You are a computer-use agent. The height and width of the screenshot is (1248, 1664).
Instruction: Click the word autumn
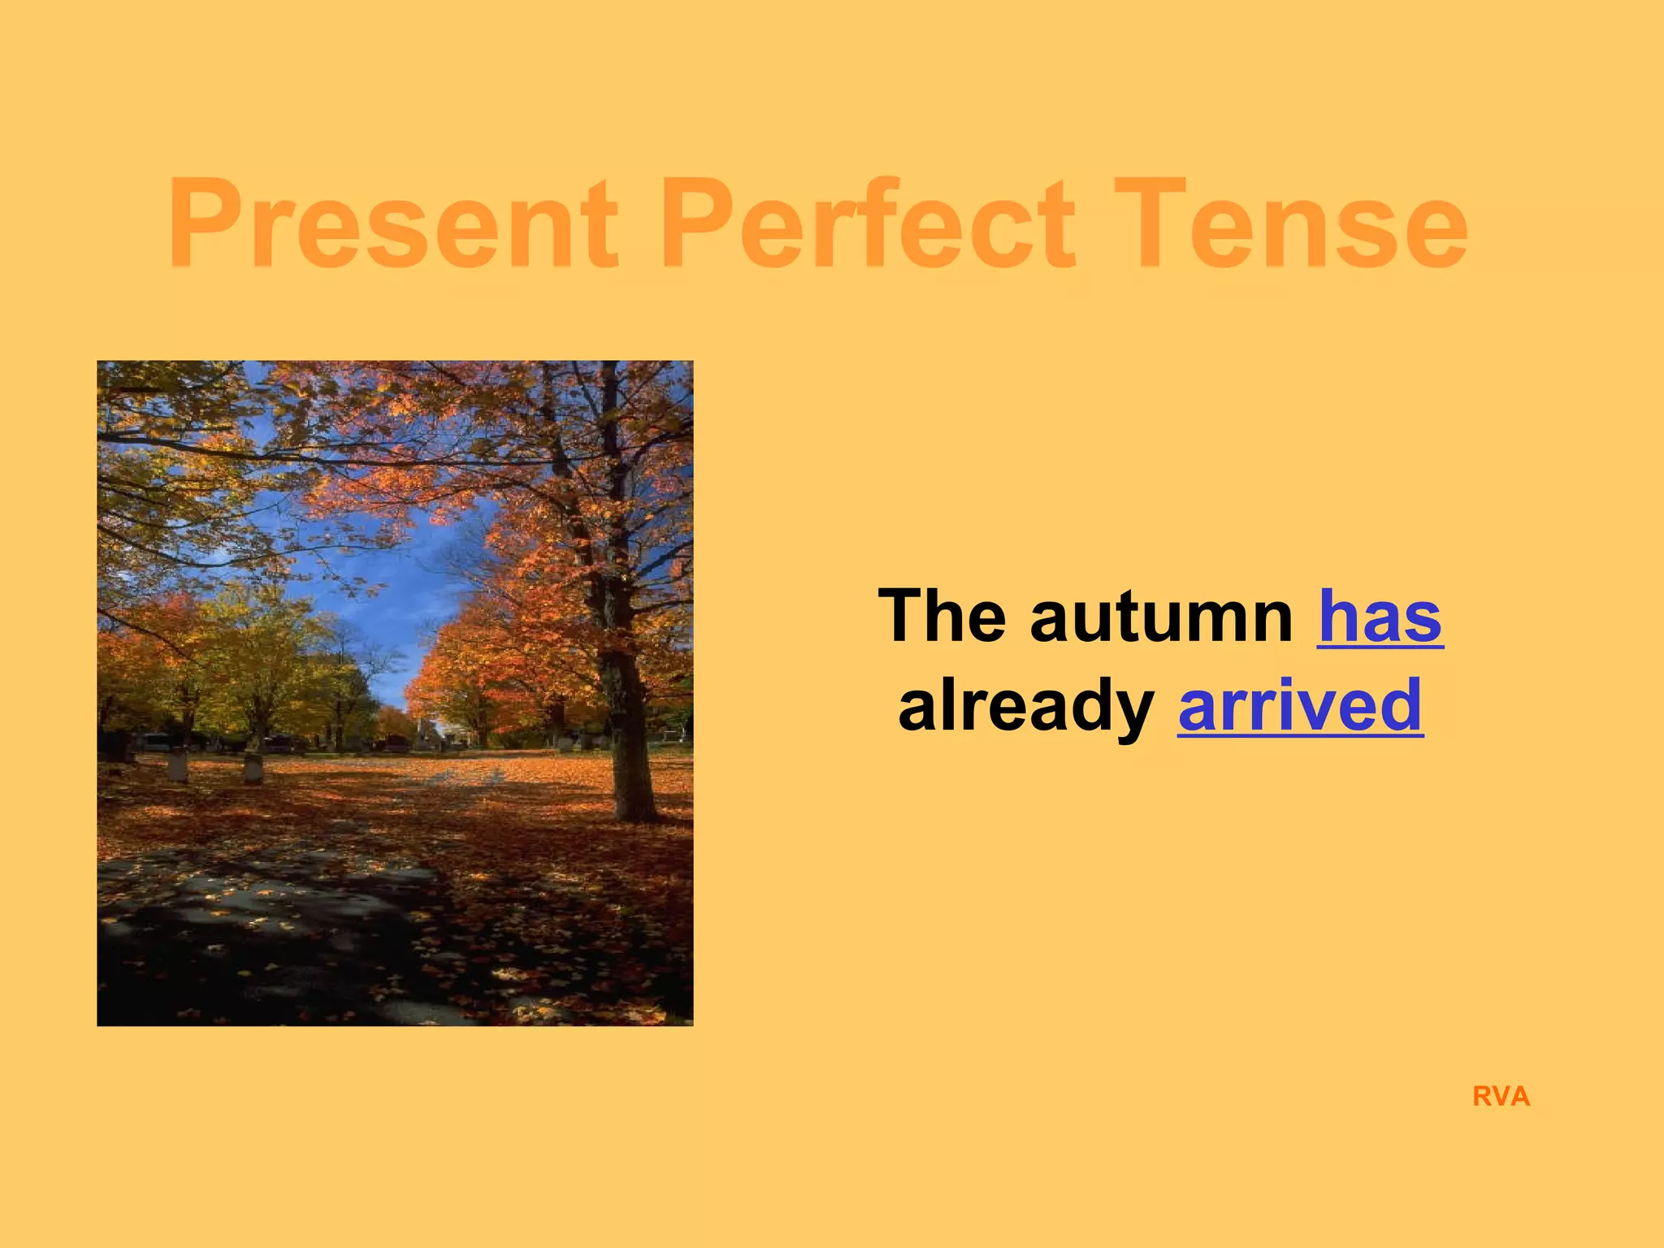[x=1162, y=617]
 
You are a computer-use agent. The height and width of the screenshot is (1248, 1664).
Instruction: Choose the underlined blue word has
[x=1380, y=617]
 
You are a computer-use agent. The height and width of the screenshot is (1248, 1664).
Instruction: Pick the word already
[x=1025, y=705]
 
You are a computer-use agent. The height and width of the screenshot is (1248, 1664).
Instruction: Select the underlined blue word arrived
[x=1300, y=705]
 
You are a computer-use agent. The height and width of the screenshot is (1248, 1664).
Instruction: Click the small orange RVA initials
[x=1501, y=1097]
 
